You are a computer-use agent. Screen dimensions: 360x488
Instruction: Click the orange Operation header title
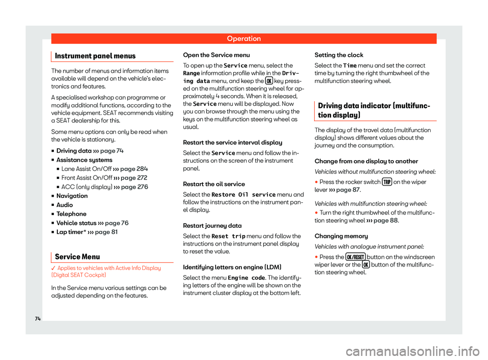coord(244,39)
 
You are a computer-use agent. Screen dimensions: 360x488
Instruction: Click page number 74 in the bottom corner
coord(39,318)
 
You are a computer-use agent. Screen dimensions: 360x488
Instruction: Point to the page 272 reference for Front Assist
coord(137,178)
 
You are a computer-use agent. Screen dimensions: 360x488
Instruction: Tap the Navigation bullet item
coord(72,196)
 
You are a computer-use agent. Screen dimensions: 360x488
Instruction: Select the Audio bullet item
coord(65,205)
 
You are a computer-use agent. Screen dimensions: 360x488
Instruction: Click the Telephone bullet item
coord(71,214)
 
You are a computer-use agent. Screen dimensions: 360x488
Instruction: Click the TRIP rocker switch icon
coord(386,182)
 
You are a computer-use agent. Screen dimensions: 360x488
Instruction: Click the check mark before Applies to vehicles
coord(53,268)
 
